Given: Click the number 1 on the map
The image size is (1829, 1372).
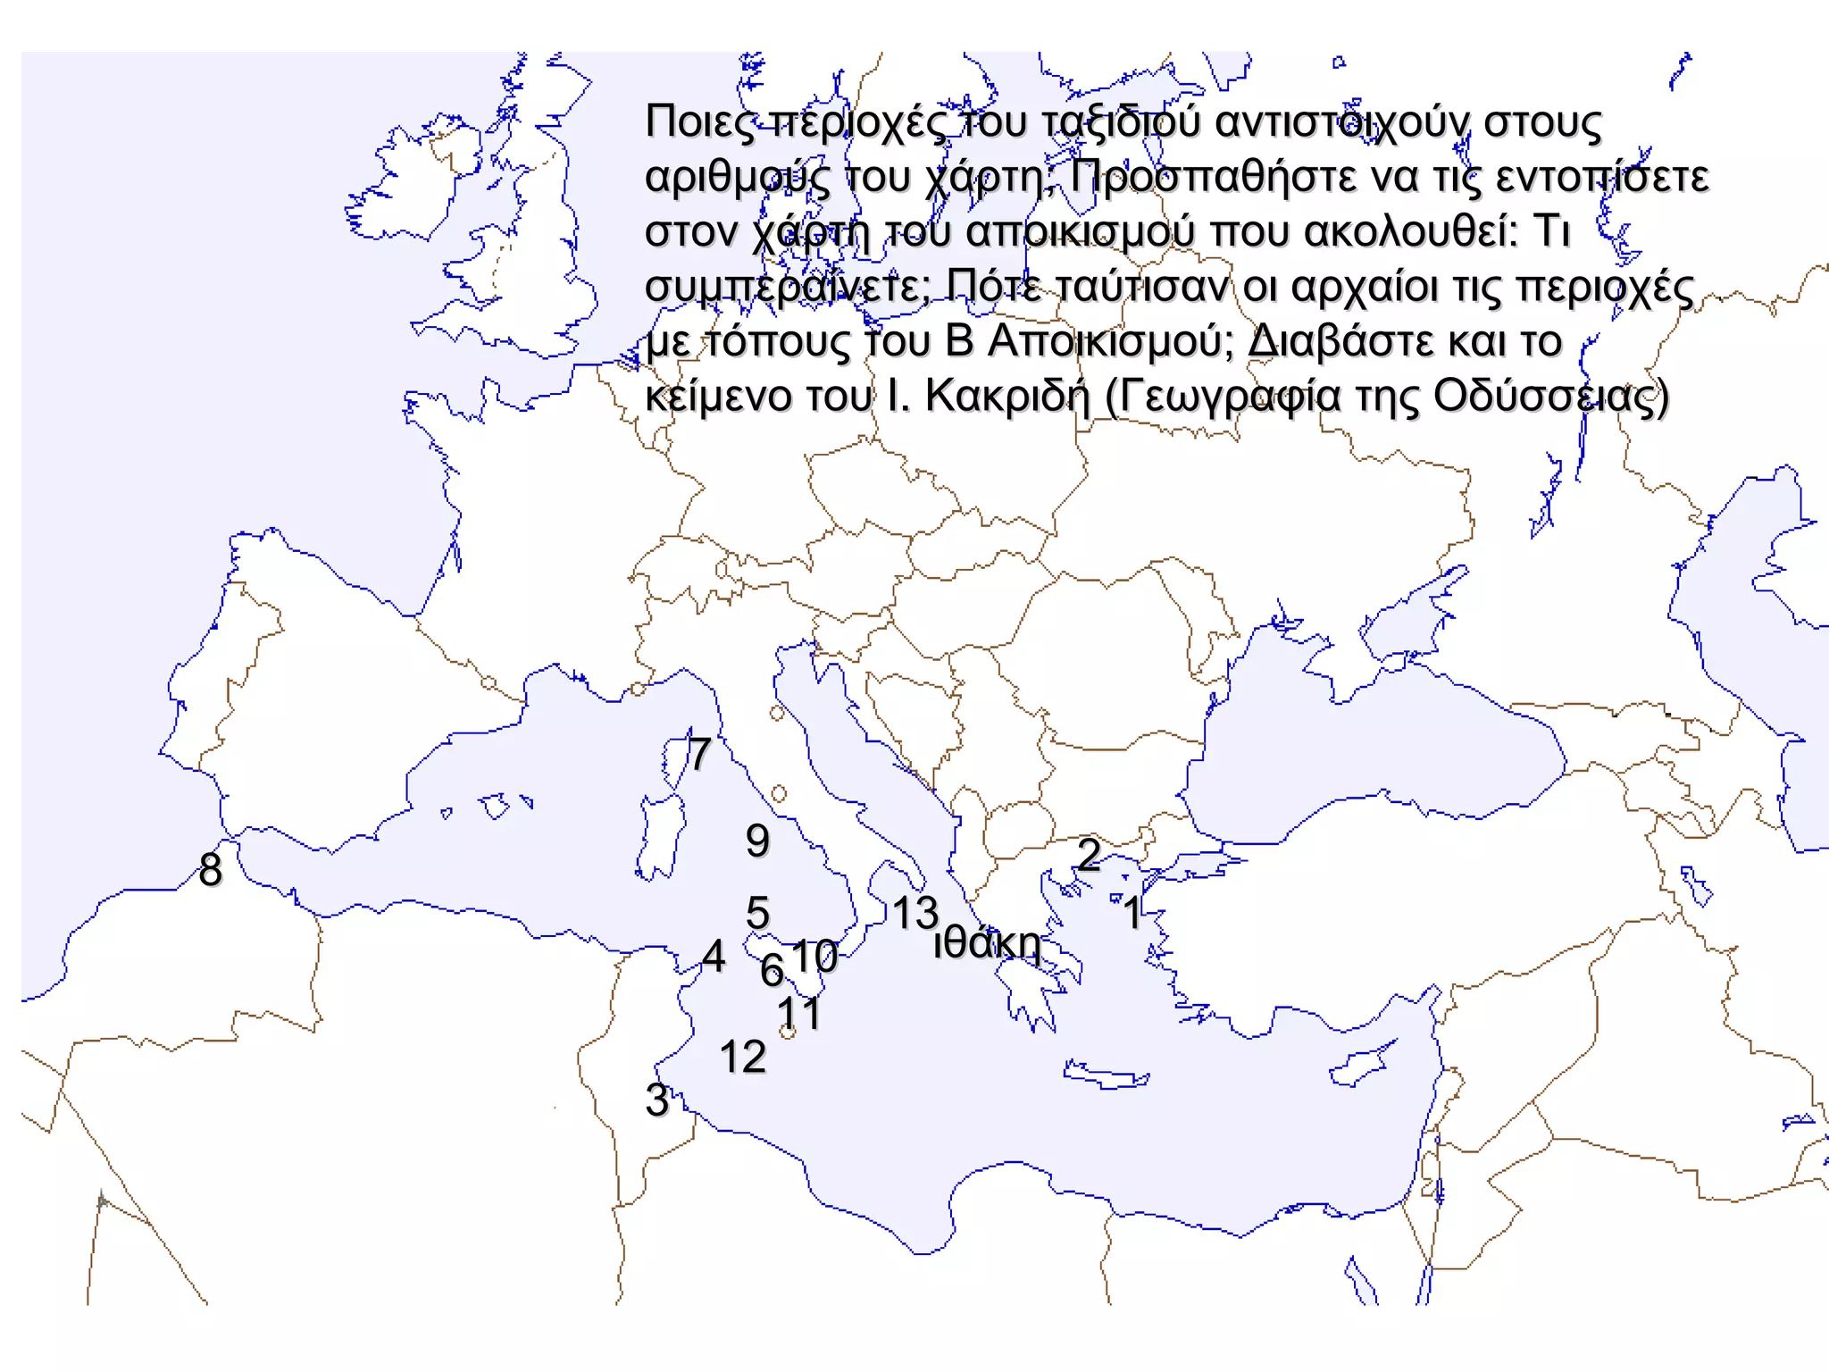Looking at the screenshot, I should point(1132,912).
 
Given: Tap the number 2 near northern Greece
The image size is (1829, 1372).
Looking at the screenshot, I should point(1088,854).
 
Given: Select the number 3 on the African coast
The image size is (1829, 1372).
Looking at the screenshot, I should point(657,1100).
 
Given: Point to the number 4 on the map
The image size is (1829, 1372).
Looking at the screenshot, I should point(714,956).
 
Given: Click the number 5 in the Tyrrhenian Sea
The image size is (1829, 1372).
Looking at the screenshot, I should point(757,913).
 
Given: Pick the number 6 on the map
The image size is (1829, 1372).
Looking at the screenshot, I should point(772,970).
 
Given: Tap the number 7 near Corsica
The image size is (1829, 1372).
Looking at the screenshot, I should point(699,754).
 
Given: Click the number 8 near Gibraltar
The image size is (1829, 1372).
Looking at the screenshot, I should point(211,869).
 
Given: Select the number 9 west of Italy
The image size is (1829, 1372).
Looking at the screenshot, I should point(757,840).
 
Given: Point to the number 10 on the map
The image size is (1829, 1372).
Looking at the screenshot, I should point(814,956).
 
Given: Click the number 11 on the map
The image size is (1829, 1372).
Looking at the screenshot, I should point(798,1013).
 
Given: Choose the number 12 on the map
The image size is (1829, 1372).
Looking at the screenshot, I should point(743,1057).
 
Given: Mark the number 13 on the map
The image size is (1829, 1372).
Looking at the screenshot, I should point(915,913).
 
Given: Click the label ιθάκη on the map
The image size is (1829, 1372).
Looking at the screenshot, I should point(988,943).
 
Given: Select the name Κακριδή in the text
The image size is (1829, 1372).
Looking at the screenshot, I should point(1007,396).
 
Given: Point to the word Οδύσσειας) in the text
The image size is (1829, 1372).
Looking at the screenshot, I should point(1550,396).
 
